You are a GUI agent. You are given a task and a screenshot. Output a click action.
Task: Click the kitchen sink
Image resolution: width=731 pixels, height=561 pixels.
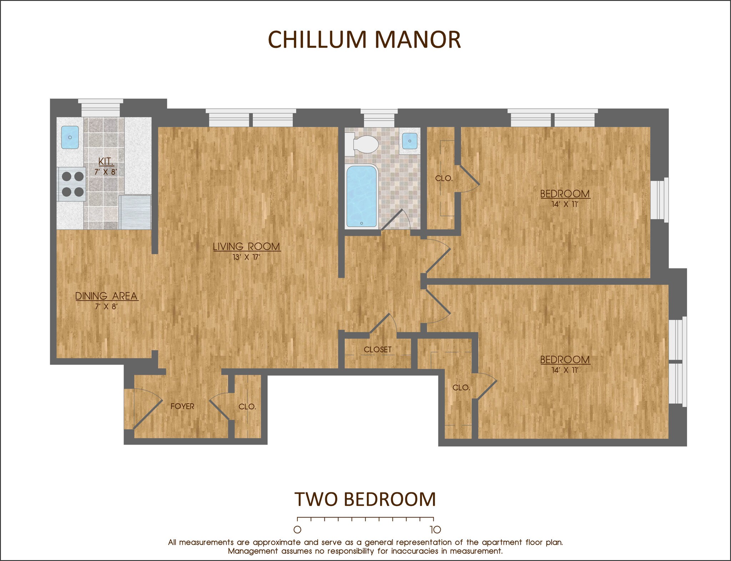(x=70, y=137)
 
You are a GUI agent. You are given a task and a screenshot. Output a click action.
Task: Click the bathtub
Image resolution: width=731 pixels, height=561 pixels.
(x=362, y=197)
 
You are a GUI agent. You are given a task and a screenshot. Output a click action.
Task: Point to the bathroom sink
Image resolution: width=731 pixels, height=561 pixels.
(x=409, y=141)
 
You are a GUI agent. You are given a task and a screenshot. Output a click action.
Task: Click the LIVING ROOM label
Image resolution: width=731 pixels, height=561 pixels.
(x=247, y=246)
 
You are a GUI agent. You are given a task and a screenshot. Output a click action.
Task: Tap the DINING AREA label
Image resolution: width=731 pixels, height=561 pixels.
(x=106, y=296)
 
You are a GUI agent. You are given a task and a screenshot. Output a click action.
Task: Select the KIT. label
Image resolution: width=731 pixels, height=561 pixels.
(x=106, y=161)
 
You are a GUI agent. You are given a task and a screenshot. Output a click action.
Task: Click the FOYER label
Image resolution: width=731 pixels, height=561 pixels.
(x=182, y=406)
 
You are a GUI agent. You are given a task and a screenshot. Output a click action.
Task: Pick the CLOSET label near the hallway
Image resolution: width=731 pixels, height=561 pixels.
(x=378, y=349)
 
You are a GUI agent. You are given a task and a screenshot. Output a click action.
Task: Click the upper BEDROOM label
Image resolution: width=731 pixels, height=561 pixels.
(x=565, y=194)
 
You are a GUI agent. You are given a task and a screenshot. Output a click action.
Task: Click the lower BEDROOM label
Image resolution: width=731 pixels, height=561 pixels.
(x=565, y=359)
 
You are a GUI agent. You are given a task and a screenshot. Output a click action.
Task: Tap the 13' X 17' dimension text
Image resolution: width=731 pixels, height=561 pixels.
(x=246, y=257)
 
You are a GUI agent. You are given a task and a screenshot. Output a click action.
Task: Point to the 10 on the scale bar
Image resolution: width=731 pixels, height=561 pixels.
(x=435, y=529)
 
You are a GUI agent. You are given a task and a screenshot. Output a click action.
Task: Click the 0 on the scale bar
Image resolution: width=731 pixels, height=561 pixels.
(x=297, y=529)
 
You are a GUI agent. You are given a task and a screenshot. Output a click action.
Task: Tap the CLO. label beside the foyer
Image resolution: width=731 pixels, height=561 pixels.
(x=247, y=406)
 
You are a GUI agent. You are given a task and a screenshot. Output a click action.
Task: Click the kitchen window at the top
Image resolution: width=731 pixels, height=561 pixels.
(x=101, y=108)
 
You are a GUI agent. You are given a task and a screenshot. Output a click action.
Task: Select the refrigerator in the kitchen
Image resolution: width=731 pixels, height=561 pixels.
(x=136, y=212)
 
